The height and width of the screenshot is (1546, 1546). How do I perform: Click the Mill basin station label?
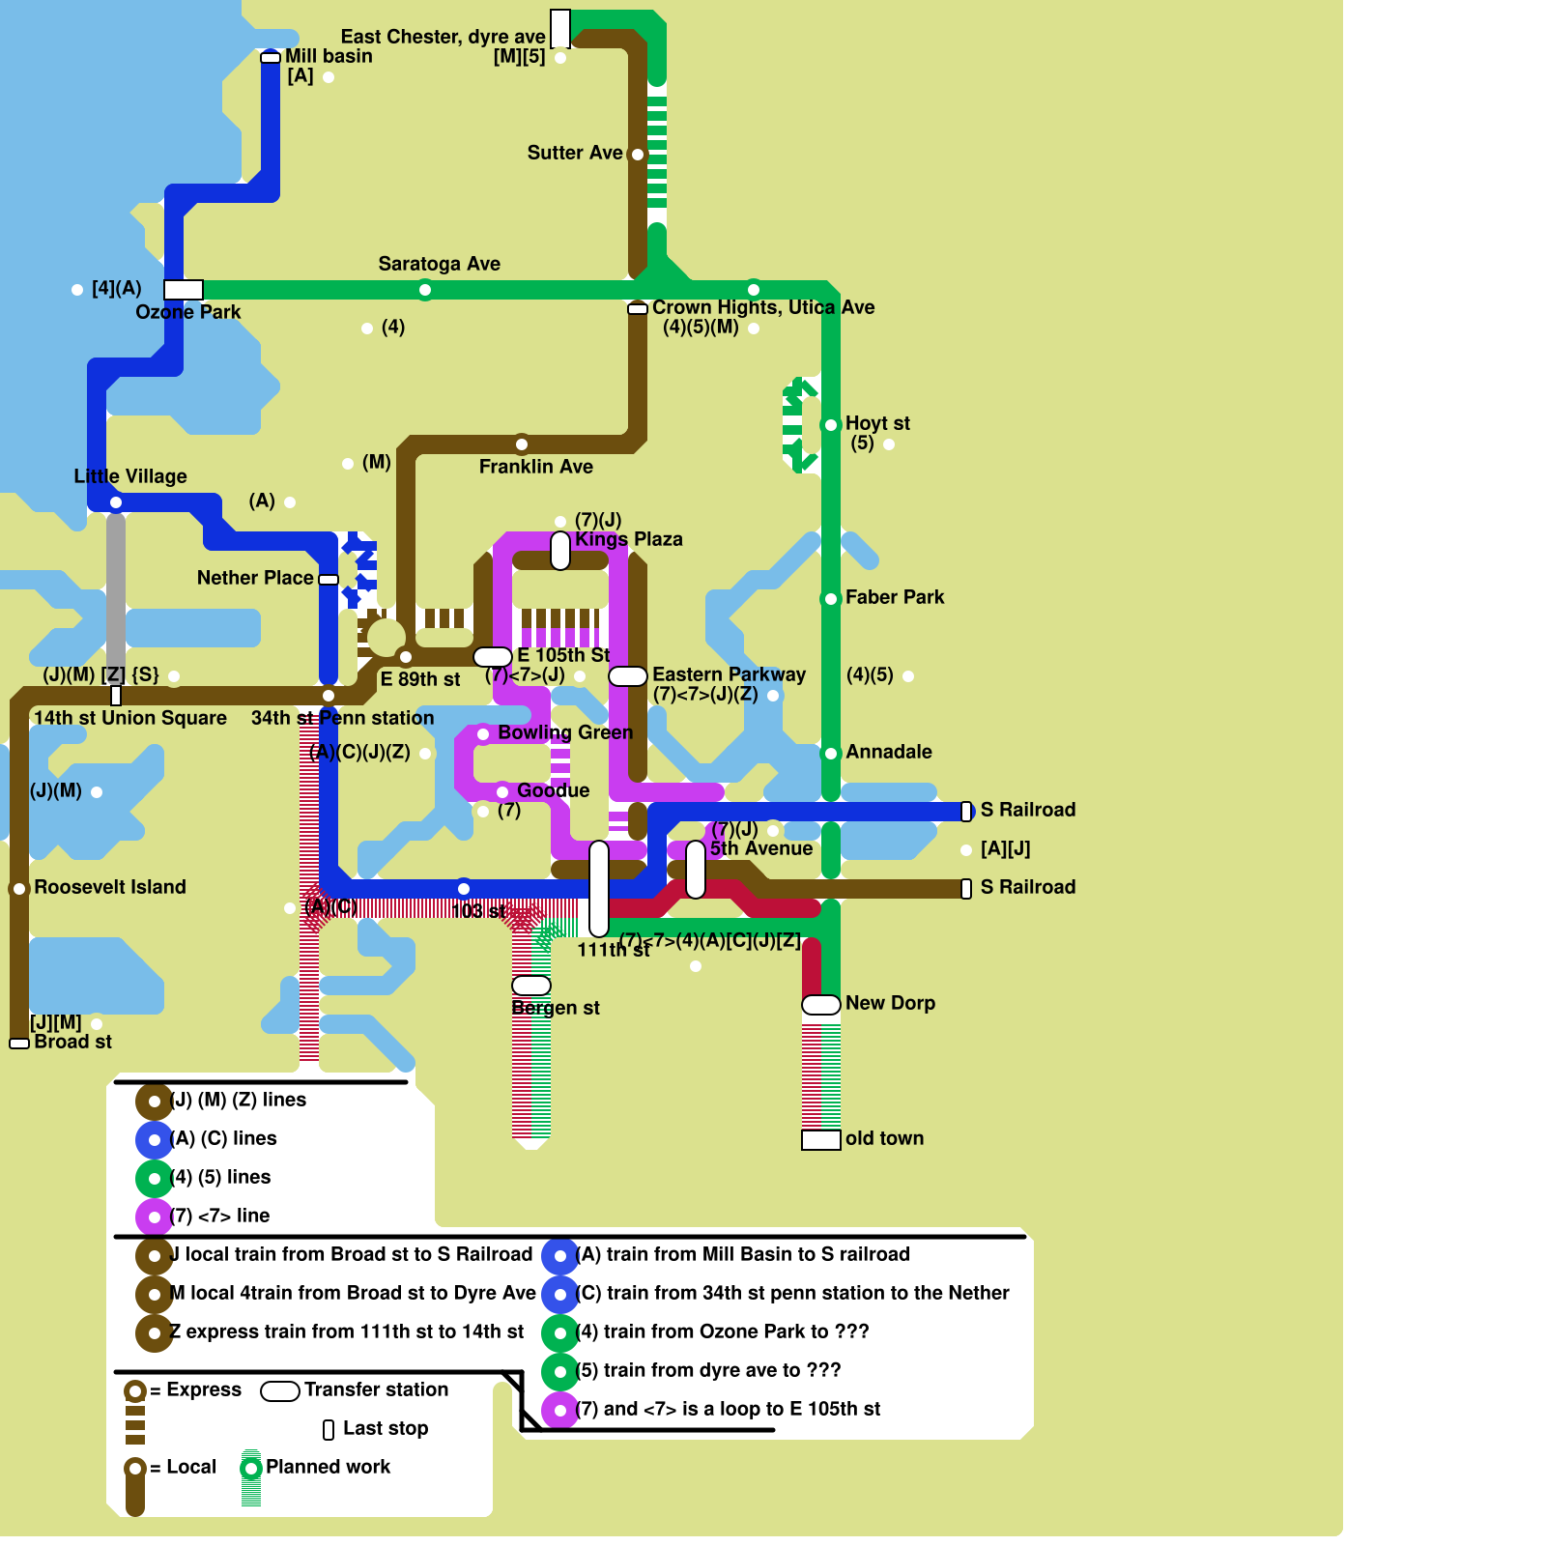[329, 56]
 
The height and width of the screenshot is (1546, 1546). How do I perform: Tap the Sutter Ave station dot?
[638, 155]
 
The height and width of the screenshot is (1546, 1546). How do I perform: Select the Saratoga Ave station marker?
[425, 290]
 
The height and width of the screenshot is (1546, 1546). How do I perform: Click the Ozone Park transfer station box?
[184, 290]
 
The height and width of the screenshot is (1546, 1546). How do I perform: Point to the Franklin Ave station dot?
[522, 444]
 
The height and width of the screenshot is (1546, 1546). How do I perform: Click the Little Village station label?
[130, 476]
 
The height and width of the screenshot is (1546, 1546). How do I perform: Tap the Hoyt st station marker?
[831, 425]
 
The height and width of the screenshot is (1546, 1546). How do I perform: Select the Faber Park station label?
[895, 597]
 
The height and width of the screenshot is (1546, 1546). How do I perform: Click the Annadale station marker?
[831, 754]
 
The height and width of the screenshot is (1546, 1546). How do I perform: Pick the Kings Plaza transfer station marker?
[560, 550]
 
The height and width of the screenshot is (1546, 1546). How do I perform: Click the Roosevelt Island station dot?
[19, 889]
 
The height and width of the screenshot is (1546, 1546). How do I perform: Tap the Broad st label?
[72, 1042]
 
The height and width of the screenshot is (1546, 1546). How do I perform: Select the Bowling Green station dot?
[483, 734]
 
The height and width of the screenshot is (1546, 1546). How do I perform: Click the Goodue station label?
[553, 790]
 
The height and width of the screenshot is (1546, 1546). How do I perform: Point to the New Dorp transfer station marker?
[821, 1005]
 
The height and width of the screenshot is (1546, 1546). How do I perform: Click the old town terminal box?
[821, 1140]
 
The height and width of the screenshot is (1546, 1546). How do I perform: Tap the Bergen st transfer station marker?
[531, 986]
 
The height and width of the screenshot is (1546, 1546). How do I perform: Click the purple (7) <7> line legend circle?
[155, 1217]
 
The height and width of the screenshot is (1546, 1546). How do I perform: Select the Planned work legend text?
[328, 1467]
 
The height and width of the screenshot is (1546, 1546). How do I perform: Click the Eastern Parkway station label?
[729, 674]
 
